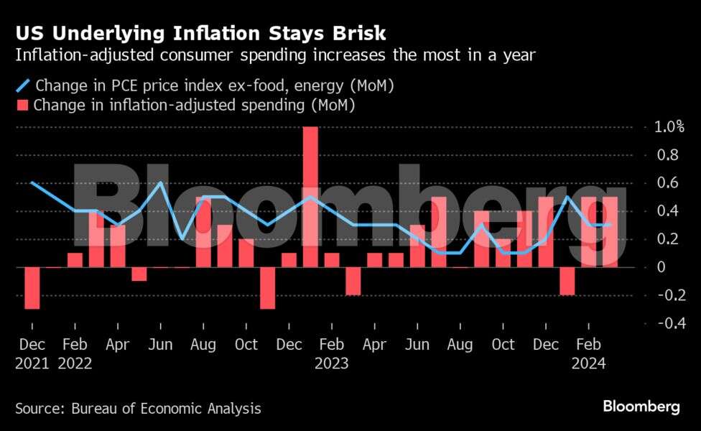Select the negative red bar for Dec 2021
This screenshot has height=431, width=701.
(x=32, y=288)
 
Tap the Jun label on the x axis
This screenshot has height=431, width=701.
(x=160, y=345)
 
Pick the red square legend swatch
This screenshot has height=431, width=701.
(x=22, y=106)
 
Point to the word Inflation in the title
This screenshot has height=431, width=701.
(x=203, y=33)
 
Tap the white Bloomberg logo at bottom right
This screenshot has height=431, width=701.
(x=641, y=407)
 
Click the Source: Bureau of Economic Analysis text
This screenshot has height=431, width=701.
(x=138, y=409)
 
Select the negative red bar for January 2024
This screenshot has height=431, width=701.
(x=567, y=281)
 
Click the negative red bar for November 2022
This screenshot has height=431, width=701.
(x=267, y=288)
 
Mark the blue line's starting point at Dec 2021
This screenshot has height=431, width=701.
(x=32, y=182)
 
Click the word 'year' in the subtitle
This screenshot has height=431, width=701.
(x=519, y=55)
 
